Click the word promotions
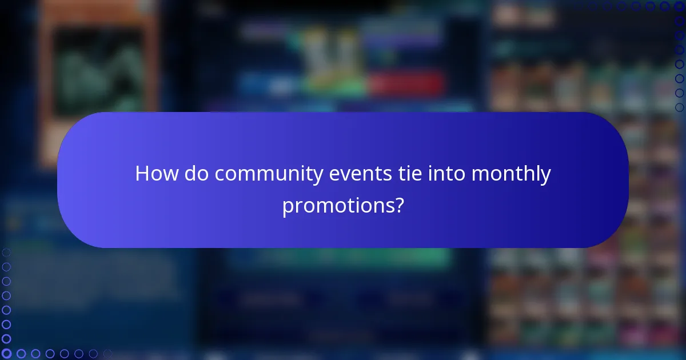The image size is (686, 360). coord(338,206)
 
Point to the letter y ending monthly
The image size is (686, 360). coord(547,177)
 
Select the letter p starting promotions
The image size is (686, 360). coord(287,208)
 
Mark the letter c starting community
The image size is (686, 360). coord(220,175)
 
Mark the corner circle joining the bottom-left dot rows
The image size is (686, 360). coord(6,354)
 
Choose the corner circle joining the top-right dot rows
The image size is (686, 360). coord(680,6)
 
